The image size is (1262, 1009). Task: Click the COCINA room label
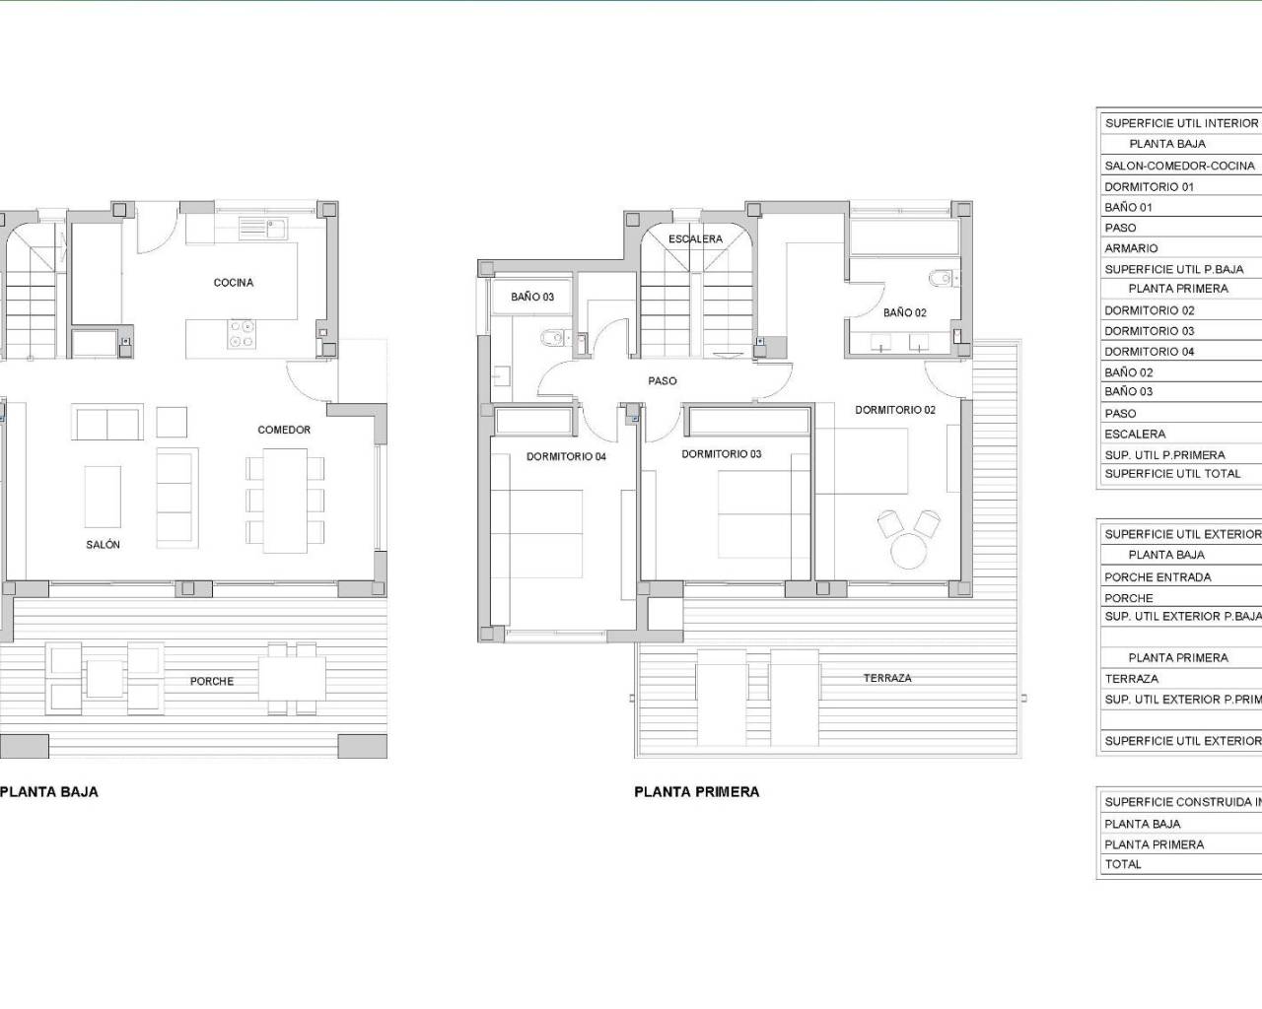click(234, 283)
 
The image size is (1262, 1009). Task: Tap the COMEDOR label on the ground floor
click(284, 430)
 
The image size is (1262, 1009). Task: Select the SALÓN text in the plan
click(103, 545)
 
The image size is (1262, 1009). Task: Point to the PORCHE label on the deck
click(212, 682)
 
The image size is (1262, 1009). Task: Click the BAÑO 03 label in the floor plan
click(532, 297)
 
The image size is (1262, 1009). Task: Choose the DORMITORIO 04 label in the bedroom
click(566, 457)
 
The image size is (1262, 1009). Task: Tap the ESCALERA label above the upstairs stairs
click(695, 239)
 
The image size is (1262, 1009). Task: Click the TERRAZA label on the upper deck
click(887, 678)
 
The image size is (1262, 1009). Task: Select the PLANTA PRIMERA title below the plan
click(696, 792)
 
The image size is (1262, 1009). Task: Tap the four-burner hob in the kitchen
click(242, 334)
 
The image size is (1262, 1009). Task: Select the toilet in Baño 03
click(553, 339)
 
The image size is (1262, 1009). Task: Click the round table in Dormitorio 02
click(908, 549)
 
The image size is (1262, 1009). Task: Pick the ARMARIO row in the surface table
click(1131, 248)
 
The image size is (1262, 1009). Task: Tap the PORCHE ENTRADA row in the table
click(1157, 577)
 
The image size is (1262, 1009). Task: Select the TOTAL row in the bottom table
click(1123, 864)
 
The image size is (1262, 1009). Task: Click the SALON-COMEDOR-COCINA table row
click(1179, 166)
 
